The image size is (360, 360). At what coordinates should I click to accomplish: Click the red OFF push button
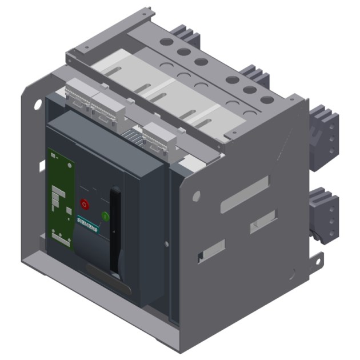click(85, 203)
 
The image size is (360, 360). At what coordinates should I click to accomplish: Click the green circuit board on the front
click(60, 197)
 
